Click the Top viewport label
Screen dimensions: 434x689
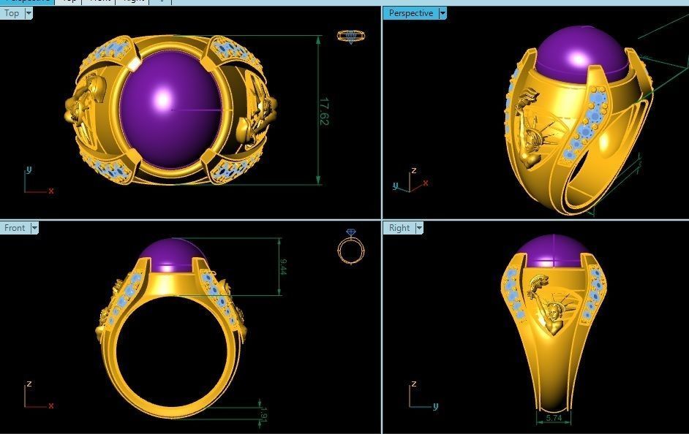[x=12, y=13]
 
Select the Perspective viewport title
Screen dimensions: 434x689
[x=410, y=13]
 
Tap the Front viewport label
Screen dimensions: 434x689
[x=15, y=228]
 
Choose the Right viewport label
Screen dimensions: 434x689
[x=399, y=228]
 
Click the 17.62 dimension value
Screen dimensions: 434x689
[x=323, y=111]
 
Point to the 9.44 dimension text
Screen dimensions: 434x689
[x=282, y=267]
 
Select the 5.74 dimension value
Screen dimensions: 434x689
[x=553, y=419]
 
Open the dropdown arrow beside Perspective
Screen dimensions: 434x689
[x=443, y=13]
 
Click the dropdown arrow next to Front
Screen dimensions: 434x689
[x=34, y=228]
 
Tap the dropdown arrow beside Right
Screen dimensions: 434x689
[x=419, y=228]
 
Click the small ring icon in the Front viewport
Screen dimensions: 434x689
[x=351, y=247]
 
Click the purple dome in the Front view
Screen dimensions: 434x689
[x=173, y=254]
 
